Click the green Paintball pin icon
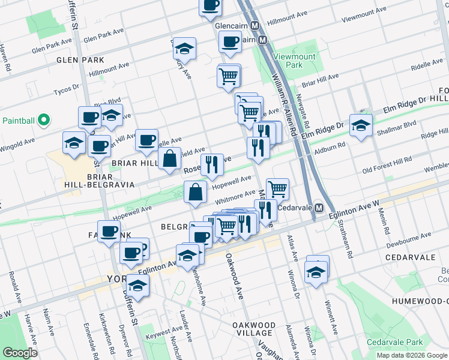[43, 121]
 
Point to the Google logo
[20, 353]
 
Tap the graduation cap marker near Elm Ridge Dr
[361, 126]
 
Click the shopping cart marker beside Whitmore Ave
[277, 190]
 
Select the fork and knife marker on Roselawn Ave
[211, 165]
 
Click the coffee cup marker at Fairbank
[109, 232]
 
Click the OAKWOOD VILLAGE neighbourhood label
[254, 329]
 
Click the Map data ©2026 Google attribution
[411, 355]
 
